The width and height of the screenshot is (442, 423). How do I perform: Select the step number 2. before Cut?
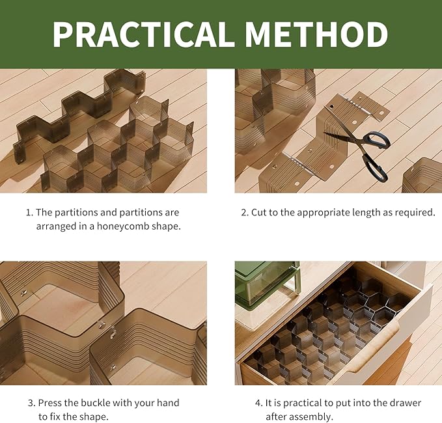point(245,213)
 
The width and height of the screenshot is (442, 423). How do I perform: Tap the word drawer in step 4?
point(407,403)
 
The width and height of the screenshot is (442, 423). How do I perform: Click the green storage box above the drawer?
point(267,285)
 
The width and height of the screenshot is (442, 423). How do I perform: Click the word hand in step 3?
point(167,403)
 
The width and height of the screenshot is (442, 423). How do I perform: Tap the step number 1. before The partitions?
point(29,213)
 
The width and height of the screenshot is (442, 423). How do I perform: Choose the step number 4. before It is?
point(259,403)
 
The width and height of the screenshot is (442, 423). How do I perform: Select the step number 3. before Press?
point(31,403)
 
